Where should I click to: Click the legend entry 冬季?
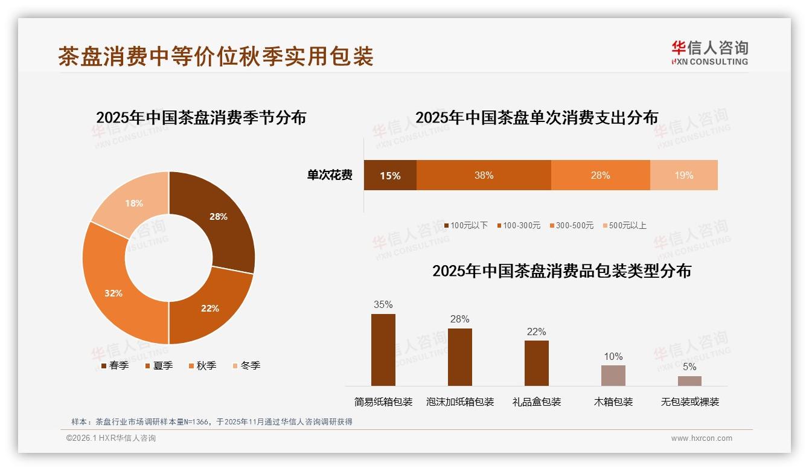click(x=246, y=365)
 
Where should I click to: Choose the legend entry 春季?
click(x=114, y=365)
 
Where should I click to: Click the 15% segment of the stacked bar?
click(x=390, y=176)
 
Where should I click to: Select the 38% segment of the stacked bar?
click(x=484, y=176)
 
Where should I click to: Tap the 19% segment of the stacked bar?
click(x=683, y=176)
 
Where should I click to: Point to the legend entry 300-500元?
click(x=571, y=225)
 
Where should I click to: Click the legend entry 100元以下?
click(x=465, y=225)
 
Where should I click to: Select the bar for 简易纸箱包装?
click(x=383, y=350)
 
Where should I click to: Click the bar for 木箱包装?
click(x=613, y=375)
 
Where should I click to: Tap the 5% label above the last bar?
click(x=689, y=367)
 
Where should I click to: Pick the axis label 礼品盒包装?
click(x=537, y=402)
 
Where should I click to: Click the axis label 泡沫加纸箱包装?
click(x=460, y=402)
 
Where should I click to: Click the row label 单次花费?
click(x=330, y=176)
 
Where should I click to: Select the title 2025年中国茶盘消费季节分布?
click(x=201, y=117)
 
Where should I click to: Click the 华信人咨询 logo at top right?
click(x=709, y=53)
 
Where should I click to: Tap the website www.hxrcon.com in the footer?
click(x=702, y=438)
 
